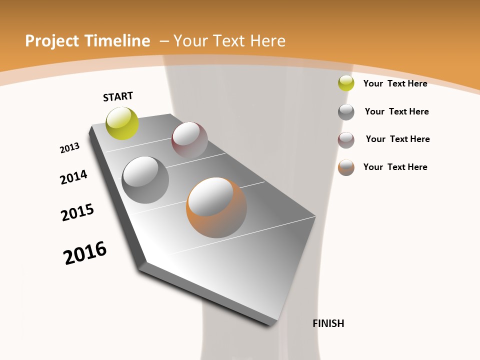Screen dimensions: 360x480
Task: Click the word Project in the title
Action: (x=49, y=41)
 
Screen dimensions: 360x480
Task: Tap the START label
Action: (x=118, y=96)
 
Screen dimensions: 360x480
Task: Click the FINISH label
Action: (x=328, y=323)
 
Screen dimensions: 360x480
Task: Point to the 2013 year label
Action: (x=69, y=148)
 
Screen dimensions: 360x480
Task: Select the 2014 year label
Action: (x=73, y=177)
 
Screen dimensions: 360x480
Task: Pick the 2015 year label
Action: (x=77, y=212)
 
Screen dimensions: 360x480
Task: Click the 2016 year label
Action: (x=85, y=253)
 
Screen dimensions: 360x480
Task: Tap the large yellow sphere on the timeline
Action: (x=122, y=123)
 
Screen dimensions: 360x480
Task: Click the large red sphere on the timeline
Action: (x=189, y=140)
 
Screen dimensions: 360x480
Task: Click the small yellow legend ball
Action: (x=346, y=83)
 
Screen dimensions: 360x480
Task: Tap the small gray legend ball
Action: (x=346, y=112)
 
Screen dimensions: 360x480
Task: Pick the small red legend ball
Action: (x=346, y=140)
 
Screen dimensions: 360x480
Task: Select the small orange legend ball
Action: (x=346, y=167)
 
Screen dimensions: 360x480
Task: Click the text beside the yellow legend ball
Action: (x=395, y=83)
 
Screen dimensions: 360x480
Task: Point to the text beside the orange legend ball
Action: (x=395, y=167)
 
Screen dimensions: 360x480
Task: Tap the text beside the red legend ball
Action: (x=397, y=139)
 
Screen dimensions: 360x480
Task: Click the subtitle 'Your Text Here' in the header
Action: (x=229, y=41)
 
